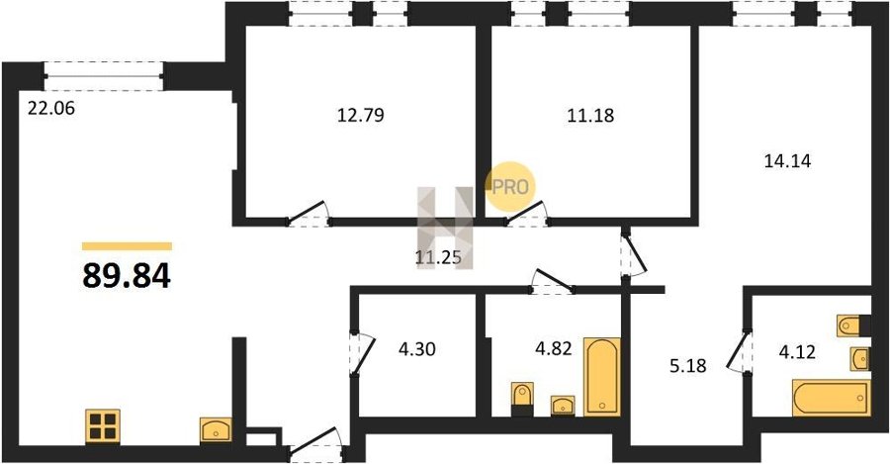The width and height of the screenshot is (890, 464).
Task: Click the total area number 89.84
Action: click(127, 277)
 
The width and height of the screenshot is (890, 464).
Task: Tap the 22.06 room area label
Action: click(51, 108)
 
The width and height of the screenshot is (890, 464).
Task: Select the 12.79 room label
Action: click(360, 116)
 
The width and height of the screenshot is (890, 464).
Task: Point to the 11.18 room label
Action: click(590, 116)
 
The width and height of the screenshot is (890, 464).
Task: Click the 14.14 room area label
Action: click(788, 161)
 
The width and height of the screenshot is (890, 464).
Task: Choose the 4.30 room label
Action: click(416, 348)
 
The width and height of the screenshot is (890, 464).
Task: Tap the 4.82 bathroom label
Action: click(554, 348)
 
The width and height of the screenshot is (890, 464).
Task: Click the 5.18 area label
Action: click(688, 366)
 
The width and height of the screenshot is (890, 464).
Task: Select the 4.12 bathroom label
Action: click(797, 352)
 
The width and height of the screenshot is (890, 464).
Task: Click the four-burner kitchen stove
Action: click(103, 426)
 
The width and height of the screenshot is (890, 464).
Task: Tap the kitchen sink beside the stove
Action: click(216, 430)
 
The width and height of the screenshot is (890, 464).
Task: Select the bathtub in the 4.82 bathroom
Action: click(603, 377)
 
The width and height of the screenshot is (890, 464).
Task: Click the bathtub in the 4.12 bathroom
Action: click(832, 398)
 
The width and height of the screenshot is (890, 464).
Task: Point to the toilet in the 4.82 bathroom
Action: click(522, 398)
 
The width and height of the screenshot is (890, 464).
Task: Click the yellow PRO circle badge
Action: click(509, 186)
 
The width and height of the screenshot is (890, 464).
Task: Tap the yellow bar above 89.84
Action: click(127, 246)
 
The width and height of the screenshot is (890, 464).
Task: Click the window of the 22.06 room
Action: click(104, 76)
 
